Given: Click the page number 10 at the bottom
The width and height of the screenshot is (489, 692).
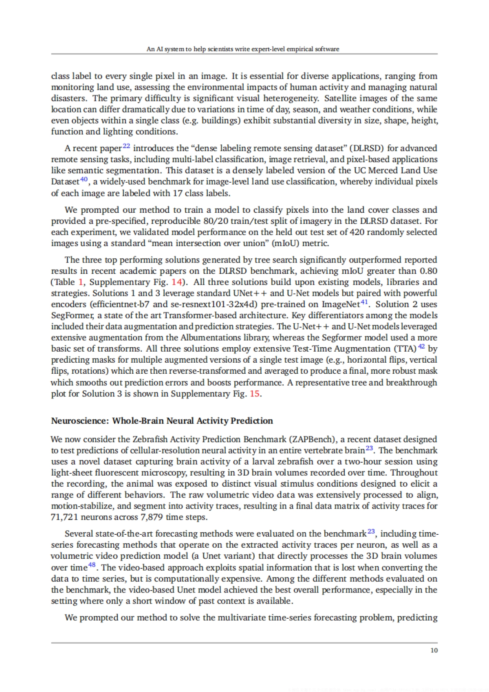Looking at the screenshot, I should click(434, 650).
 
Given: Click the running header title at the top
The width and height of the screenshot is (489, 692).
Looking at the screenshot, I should click(243, 49).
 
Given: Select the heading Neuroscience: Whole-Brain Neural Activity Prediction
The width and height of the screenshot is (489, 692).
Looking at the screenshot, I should click(162, 421).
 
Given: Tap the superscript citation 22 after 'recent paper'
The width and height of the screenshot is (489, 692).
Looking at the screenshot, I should click(126, 145).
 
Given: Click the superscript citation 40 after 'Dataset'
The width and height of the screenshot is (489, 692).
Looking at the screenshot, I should click(84, 179).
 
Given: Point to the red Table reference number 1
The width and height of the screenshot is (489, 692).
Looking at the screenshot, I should click(81, 282).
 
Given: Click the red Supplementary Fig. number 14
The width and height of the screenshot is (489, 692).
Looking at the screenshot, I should click(177, 282).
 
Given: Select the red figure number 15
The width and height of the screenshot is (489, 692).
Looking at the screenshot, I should click(254, 394).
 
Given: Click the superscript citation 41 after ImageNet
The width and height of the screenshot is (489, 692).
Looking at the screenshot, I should click(364, 302).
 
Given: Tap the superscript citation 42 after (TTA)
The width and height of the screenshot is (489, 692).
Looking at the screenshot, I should click(421, 346).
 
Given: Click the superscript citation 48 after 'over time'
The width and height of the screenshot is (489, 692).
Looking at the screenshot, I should click(92, 565).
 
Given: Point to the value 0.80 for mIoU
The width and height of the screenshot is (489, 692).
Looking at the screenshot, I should click(429, 271).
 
